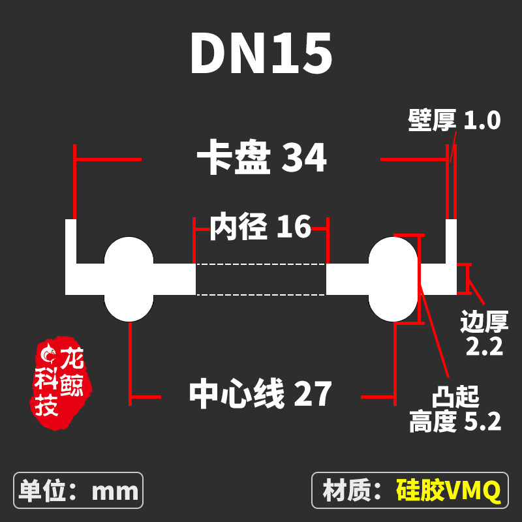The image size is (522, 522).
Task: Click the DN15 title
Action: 262,54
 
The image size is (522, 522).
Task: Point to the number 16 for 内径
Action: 294,226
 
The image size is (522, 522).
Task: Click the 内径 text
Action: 238,226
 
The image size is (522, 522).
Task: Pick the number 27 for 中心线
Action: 313,394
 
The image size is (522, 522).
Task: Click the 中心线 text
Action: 237,394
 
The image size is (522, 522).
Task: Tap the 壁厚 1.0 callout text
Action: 454,120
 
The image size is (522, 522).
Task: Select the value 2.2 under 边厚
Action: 484,346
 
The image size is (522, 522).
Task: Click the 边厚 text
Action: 484,322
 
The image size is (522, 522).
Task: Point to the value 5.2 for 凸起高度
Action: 483,422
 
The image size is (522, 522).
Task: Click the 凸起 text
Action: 455,397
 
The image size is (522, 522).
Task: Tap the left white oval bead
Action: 129,279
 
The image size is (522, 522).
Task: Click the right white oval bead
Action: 393,279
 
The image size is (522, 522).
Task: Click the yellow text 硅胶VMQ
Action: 448,491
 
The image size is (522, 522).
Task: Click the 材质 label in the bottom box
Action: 346,491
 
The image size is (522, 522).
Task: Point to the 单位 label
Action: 42,491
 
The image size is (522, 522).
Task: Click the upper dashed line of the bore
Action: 260,264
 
